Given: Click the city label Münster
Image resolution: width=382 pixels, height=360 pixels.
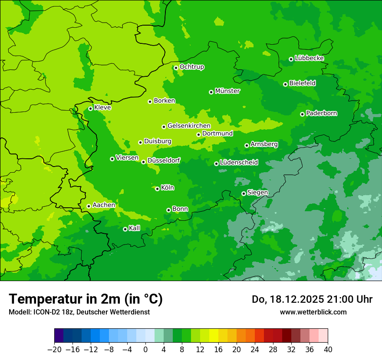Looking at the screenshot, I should [x=227, y=91].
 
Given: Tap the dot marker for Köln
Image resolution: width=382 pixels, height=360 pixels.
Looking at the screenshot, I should [x=157, y=189].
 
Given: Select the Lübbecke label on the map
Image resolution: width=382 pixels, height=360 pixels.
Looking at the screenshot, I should [x=309, y=58].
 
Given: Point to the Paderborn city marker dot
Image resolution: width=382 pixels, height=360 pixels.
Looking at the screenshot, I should [x=302, y=114].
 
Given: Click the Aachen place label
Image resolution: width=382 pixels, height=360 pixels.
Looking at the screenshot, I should [x=104, y=205].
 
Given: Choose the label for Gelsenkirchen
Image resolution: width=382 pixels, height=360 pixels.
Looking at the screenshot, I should [x=189, y=126].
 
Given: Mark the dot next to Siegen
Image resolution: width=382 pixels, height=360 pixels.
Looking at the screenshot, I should [x=244, y=193].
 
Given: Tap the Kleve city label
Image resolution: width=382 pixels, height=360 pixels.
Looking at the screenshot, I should [x=102, y=108].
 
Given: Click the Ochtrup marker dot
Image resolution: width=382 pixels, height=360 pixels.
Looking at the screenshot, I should [x=176, y=68].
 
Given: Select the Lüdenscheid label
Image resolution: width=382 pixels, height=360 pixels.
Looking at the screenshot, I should [x=239, y=163].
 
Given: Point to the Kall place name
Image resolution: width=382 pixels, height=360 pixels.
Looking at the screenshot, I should [x=135, y=228].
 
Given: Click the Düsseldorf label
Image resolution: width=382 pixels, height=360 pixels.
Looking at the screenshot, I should [x=164, y=160].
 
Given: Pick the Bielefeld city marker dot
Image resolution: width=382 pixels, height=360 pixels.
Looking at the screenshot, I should [x=285, y=84].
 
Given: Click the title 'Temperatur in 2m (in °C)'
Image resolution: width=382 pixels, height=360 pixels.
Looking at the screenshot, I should [x=86, y=299].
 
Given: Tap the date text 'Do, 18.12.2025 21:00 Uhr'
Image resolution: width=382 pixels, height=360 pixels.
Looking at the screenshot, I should [x=312, y=299].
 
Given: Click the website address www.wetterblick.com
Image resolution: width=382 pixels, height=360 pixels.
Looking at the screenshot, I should [x=313, y=312].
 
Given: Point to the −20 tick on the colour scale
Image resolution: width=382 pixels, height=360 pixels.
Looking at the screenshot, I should [x=54, y=350].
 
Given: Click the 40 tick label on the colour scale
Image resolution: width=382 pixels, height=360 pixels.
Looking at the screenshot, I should [x=328, y=350].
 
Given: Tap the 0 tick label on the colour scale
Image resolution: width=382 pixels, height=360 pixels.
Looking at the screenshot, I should [x=145, y=350].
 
